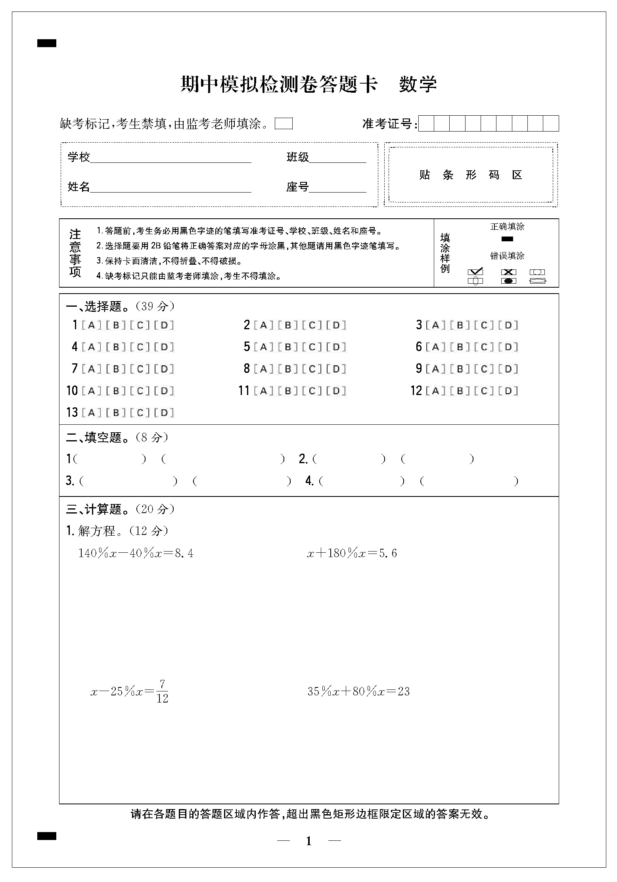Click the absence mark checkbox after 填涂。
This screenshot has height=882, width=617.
pyautogui.click(x=284, y=124)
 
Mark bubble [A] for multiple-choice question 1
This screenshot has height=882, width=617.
pyautogui.click(x=91, y=325)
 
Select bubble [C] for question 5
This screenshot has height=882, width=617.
pyautogui.click(x=312, y=347)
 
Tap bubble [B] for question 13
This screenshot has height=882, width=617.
pyautogui.click(x=116, y=412)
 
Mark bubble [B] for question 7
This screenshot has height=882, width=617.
pyautogui.click(x=116, y=369)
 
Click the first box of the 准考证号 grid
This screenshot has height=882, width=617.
pyautogui.click(x=426, y=124)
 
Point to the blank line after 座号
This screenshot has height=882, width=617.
pyautogui.click(x=337, y=188)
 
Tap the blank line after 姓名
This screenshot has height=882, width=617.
pyautogui.click(x=171, y=188)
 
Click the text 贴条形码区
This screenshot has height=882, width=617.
pyautogui.click(x=470, y=175)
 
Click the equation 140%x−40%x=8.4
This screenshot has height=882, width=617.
pyautogui.click(x=136, y=553)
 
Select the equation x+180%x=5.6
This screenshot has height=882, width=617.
pyautogui.click(x=352, y=553)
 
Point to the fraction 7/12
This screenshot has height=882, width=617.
pyautogui.click(x=162, y=691)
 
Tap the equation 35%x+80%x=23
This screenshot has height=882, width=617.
pyautogui.click(x=358, y=691)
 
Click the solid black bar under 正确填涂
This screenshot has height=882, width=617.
pyautogui.click(x=507, y=239)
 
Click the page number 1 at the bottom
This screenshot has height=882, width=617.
pyautogui.click(x=309, y=841)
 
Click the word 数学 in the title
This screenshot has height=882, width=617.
pyautogui.click(x=418, y=84)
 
